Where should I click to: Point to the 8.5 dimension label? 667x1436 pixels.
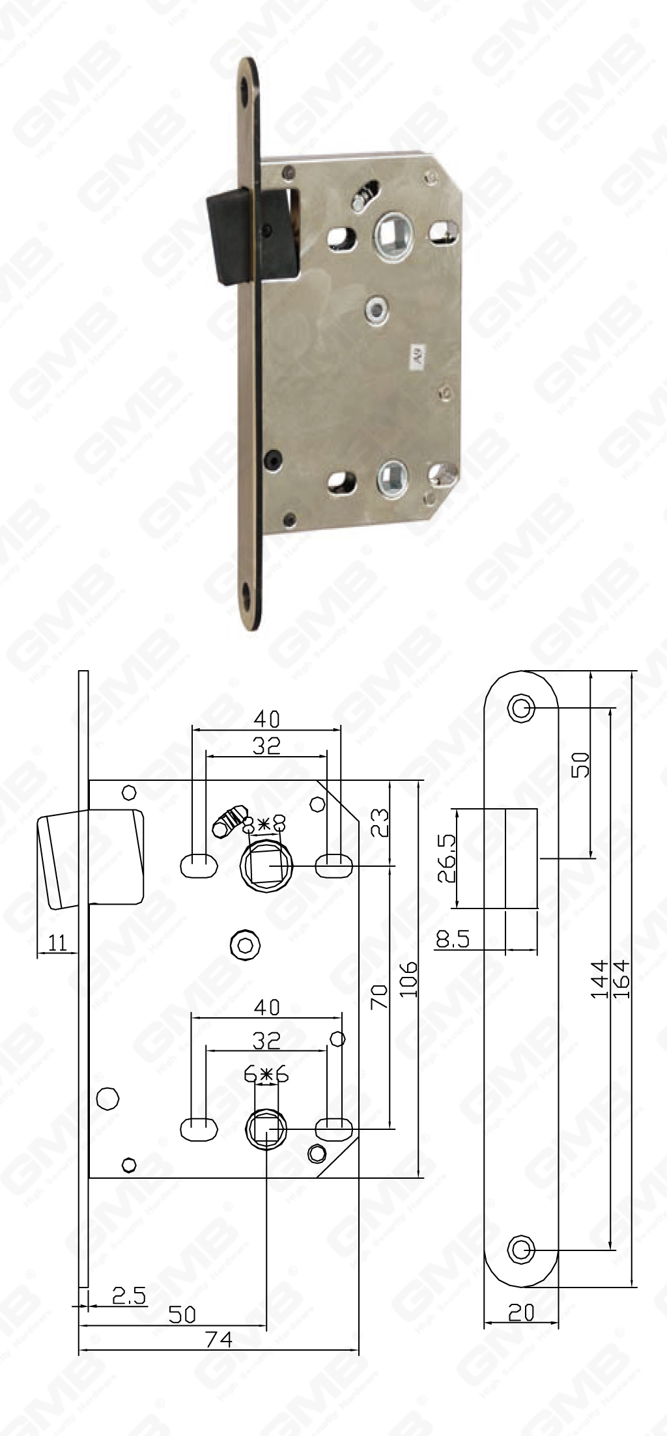[x=453, y=938]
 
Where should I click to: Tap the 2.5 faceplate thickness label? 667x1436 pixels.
[x=129, y=1295]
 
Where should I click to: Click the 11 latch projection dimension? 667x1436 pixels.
[x=58, y=942]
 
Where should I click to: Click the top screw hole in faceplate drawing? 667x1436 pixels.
[x=520, y=707]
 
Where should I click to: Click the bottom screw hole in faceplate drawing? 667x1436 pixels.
[x=520, y=1250]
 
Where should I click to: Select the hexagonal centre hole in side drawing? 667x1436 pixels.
[x=245, y=944]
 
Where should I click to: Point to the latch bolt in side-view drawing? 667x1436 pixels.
[x=91, y=858]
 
